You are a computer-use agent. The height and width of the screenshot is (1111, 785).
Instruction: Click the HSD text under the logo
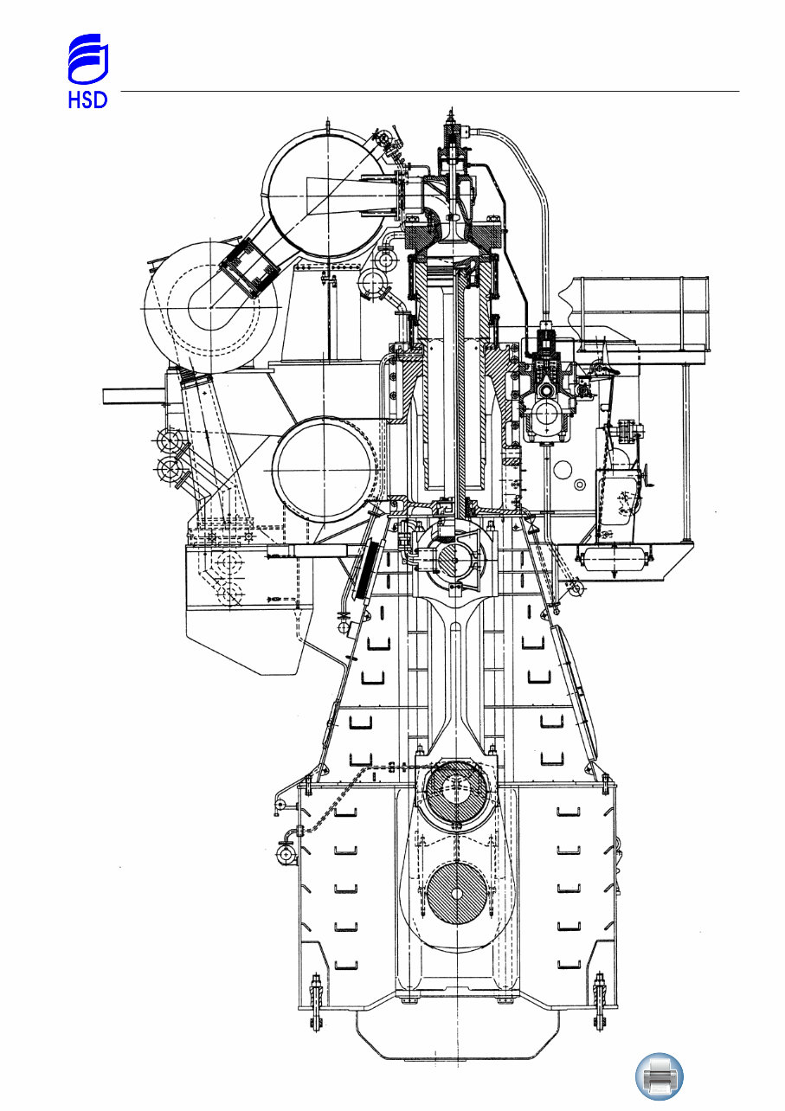tap(87, 100)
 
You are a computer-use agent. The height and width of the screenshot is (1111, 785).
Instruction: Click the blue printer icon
tap(660, 1076)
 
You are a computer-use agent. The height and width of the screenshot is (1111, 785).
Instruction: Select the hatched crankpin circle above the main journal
tap(456, 793)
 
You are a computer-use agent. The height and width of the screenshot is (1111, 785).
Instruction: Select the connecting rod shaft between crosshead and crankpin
tap(455, 675)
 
